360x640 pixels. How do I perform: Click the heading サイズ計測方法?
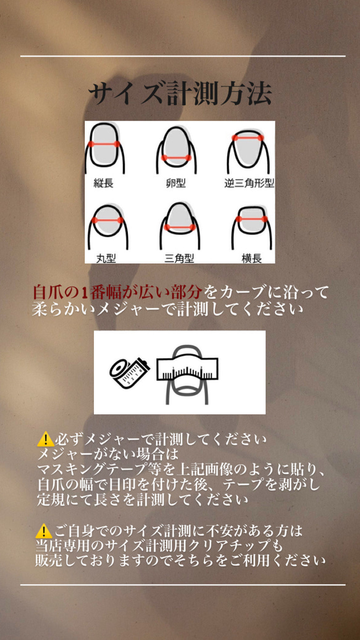coord(180,95)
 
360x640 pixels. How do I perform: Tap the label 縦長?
coord(103,182)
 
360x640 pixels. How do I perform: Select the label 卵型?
coord(176,183)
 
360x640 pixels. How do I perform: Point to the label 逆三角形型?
coord(249,183)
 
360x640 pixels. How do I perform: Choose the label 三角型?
coord(179,258)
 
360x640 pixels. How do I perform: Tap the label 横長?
coord(251,258)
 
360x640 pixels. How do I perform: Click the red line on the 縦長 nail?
coord(104,144)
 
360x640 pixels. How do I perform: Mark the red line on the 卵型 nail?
coord(176,158)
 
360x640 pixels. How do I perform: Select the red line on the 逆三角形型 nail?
coord(248,138)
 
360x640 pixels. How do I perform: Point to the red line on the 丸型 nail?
coord(107,220)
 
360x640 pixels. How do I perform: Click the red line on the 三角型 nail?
coord(179,227)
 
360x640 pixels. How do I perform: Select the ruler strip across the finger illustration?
coord(187,369)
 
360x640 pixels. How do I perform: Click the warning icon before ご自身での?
coord(43,531)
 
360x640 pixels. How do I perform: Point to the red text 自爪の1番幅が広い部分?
coord(117,292)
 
